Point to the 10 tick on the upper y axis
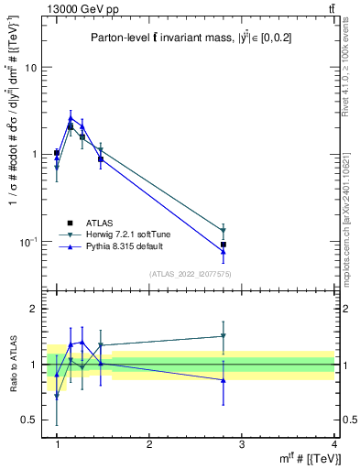(30, 68)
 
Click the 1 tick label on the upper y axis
(33, 155)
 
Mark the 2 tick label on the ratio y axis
(33, 310)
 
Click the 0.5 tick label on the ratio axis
(29, 420)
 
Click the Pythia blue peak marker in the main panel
(70, 117)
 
